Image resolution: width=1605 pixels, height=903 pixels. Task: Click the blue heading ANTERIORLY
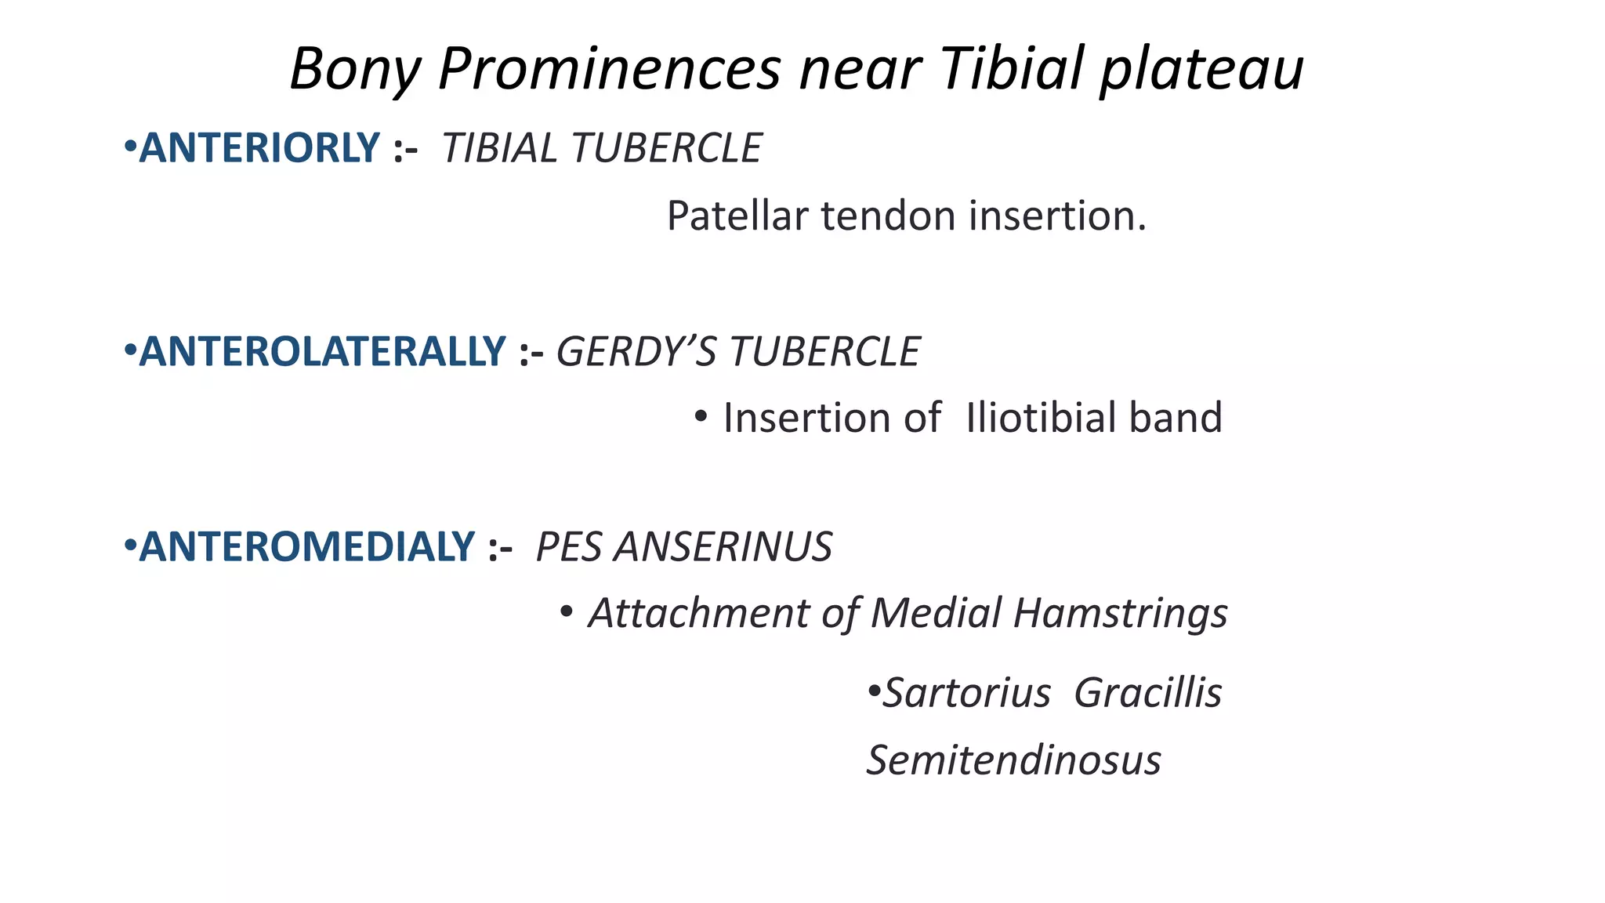click(259, 148)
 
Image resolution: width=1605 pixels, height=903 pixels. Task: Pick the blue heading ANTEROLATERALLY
click(322, 351)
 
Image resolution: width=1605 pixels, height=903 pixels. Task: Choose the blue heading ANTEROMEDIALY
click(306, 546)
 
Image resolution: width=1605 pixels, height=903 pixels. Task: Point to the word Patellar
click(737, 216)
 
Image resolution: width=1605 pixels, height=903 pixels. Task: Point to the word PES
click(569, 546)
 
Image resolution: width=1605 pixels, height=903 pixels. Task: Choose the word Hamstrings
click(1120, 613)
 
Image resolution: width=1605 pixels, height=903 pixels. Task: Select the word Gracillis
click(1147, 693)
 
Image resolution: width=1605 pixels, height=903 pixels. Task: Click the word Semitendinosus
click(1013, 760)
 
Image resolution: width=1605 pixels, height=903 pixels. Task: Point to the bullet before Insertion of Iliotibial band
click(701, 417)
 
